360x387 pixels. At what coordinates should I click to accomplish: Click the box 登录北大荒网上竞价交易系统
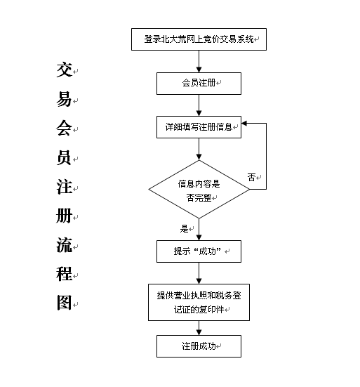click(x=199, y=39)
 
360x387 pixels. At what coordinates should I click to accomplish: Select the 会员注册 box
click(x=199, y=84)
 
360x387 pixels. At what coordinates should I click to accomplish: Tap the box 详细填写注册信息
click(x=199, y=127)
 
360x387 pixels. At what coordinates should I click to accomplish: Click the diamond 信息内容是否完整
click(x=199, y=190)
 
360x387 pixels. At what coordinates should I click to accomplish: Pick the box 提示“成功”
click(x=199, y=251)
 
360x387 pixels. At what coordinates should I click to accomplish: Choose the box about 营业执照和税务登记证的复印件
click(x=199, y=302)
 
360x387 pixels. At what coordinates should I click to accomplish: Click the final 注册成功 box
click(x=199, y=346)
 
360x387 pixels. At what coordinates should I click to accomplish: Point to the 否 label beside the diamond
click(x=251, y=177)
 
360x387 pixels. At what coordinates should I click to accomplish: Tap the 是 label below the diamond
click(x=184, y=228)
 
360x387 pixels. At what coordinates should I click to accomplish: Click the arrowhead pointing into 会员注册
click(x=199, y=70)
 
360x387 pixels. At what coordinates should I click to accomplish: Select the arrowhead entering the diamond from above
click(x=199, y=157)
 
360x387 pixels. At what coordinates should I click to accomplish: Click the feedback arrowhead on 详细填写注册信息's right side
click(x=244, y=123)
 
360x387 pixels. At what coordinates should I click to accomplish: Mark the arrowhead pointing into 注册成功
click(x=199, y=332)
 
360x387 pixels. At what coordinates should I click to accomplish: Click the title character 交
click(x=64, y=70)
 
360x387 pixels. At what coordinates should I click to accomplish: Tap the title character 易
click(x=64, y=99)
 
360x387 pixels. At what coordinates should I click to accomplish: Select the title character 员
click(x=64, y=157)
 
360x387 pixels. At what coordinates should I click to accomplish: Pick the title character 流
click(x=64, y=245)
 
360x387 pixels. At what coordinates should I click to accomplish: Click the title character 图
click(x=64, y=303)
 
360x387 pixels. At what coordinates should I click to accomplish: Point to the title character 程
click(x=64, y=274)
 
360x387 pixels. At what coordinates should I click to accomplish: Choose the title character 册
click(x=64, y=216)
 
